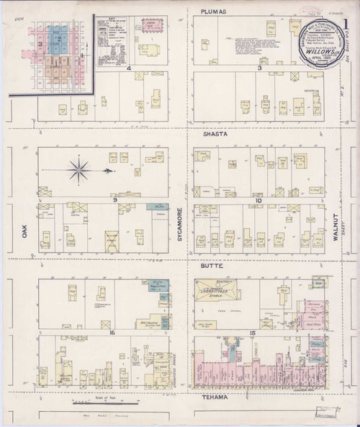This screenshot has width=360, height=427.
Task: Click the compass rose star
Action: tap(81, 171)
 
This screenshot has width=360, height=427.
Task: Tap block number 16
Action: tap(113, 333)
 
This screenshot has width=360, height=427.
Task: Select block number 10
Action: tap(257, 198)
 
